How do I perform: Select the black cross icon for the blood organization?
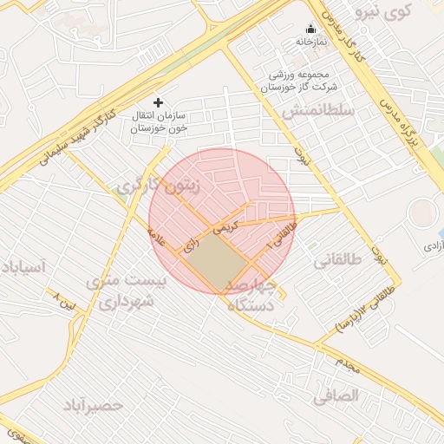coord(158,102)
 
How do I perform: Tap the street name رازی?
coord(189,245)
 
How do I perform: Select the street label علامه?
coord(157,232)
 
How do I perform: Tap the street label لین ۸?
coord(65,301)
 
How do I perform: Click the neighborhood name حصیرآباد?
coord(92,404)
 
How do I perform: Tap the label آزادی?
coord(431,246)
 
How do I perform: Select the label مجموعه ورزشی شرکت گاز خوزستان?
coord(296,82)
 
